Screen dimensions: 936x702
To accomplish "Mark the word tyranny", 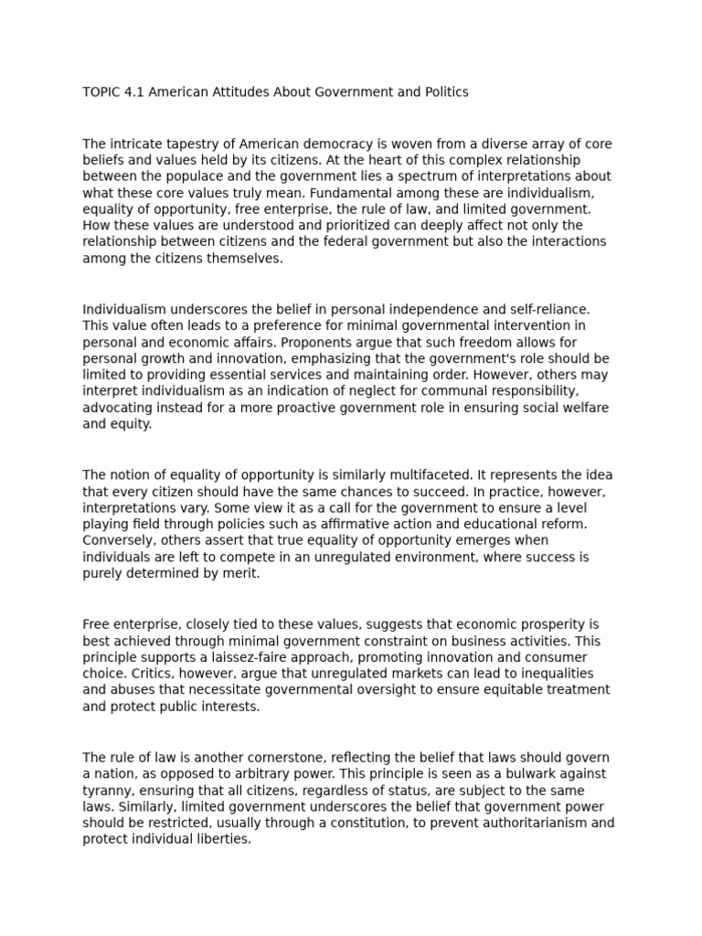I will (x=106, y=791).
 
